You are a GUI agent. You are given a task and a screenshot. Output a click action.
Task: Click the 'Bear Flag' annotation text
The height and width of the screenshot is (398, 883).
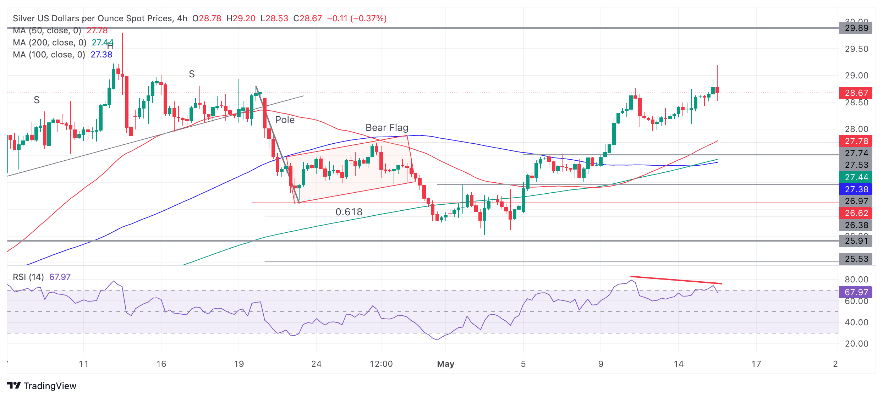pos(387,128)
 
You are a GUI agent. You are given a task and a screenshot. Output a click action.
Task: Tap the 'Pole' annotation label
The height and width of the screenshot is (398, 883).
pos(285,120)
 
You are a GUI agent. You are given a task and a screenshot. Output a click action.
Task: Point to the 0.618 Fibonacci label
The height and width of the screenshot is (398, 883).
pos(349,212)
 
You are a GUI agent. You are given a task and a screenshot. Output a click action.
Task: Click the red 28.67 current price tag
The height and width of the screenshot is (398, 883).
pos(856,93)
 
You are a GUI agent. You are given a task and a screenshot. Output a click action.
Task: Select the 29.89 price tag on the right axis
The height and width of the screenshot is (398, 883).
pos(856,28)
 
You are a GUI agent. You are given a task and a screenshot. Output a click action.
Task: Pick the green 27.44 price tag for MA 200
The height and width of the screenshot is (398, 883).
pos(856,177)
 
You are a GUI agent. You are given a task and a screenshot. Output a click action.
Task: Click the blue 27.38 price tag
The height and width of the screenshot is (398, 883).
pos(856,189)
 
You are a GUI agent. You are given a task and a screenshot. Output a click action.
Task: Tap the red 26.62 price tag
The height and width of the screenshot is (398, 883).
pos(856,213)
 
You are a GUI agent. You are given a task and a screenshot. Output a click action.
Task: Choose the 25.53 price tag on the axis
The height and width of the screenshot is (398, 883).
pos(856,259)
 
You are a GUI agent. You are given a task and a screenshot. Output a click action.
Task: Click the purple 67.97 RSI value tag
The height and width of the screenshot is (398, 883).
pos(856,292)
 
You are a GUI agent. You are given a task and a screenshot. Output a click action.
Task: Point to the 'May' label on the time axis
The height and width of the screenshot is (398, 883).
pos(445,364)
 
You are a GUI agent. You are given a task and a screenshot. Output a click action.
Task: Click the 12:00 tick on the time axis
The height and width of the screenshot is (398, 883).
pos(381,364)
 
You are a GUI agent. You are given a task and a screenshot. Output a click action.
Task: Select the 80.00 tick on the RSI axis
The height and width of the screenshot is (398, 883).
pos(856,280)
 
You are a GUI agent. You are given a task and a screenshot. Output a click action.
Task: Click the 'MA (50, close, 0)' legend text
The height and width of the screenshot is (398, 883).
pos(47,31)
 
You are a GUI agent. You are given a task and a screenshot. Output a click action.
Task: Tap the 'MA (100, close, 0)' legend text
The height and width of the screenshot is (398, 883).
pos(49,55)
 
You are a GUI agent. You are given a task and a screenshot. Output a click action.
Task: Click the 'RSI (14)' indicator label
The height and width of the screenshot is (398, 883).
pos(28,277)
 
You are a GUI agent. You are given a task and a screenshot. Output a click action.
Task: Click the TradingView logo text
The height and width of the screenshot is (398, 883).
pos(50,386)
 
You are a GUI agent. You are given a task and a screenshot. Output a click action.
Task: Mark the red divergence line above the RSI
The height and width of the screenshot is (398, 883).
pos(676,280)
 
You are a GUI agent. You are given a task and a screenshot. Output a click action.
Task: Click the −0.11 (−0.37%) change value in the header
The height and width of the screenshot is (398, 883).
pos(357,18)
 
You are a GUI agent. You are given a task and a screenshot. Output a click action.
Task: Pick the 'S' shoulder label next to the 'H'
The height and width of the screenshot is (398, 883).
pos(192,74)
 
